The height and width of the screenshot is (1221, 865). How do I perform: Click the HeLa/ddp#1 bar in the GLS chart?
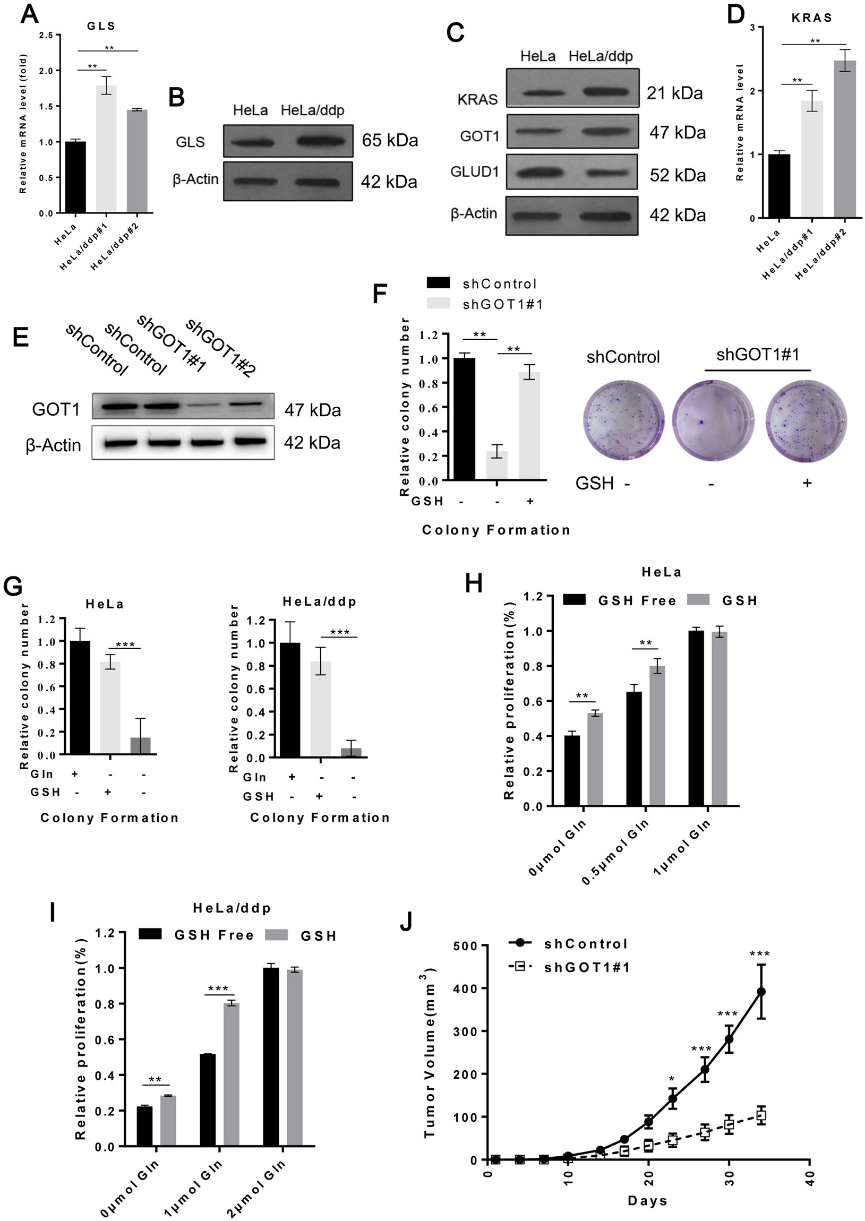[106, 149]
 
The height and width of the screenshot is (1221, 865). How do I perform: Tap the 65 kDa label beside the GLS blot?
[389, 140]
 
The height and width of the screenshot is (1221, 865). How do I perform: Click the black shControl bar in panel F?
[464, 419]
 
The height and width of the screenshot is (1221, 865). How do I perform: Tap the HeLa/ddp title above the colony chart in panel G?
[319, 601]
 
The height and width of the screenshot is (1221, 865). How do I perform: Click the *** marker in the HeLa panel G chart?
[125, 645]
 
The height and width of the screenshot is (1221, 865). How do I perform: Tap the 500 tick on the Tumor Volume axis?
[463, 945]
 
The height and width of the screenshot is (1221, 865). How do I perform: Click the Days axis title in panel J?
[647, 1200]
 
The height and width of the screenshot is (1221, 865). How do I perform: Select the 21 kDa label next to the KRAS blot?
[674, 93]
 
